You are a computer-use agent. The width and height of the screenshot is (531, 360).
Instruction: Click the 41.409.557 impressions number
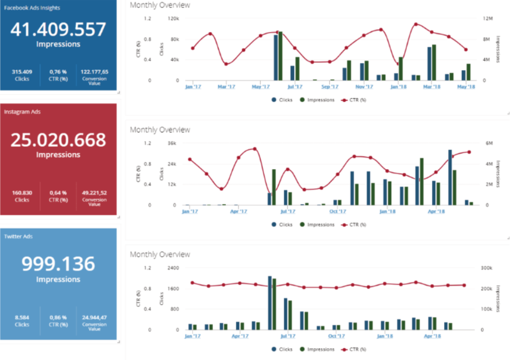pos(58,29)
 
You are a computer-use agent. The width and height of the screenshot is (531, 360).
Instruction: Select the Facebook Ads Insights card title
pos(32,8)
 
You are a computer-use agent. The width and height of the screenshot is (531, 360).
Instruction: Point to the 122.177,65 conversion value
pos(94,71)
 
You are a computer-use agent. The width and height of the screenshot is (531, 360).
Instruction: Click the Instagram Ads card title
pos(22,112)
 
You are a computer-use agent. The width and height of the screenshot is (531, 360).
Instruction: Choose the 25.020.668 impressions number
pos(58,140)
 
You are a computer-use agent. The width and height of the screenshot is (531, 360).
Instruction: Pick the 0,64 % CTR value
pos(58,192)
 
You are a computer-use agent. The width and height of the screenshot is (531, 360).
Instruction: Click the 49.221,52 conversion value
pos(94,192)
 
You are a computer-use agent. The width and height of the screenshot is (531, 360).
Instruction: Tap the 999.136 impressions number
pos(58,264)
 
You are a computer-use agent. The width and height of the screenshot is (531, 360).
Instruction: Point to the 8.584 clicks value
pos(22,318)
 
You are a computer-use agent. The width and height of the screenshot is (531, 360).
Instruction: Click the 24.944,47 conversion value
pos(94,318)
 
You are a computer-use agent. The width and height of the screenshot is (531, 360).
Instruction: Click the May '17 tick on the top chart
pos(260,86)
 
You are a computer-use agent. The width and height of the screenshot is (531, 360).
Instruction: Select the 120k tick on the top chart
pos(173,18)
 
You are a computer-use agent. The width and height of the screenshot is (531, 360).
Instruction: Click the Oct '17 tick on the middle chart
pos(337,211)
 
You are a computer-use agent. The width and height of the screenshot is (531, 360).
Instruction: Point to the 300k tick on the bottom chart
pos(486,268)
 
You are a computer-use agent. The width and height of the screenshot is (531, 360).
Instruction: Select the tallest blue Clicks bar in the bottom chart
pos(270,303)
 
